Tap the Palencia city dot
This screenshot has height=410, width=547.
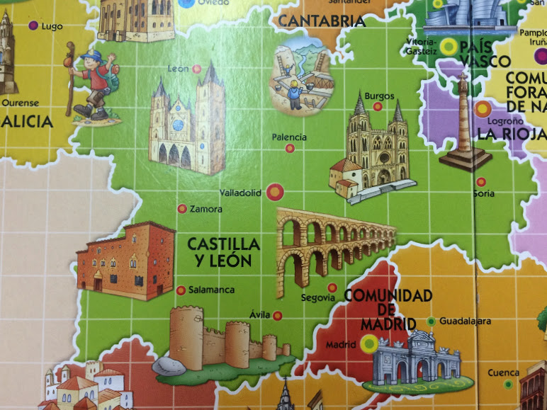point(290,148)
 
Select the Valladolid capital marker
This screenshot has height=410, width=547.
point(276,191)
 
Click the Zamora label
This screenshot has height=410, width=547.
point(205,210)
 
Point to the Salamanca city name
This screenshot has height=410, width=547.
point(210,290)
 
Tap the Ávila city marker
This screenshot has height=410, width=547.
point(277,316)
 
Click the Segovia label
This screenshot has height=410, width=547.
point(317,297)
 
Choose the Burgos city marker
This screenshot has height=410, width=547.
point(378,106)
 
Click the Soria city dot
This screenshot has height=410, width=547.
point(482,181)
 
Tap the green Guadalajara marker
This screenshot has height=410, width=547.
point(431,321)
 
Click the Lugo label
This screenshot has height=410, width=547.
point(52,26)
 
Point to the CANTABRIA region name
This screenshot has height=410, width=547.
point(321,21)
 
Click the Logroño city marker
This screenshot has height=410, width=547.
point(483,109)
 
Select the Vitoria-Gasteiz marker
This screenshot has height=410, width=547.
point(448,46)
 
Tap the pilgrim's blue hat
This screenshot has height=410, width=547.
point(91,55)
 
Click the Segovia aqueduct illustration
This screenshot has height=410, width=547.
point(333,244)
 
